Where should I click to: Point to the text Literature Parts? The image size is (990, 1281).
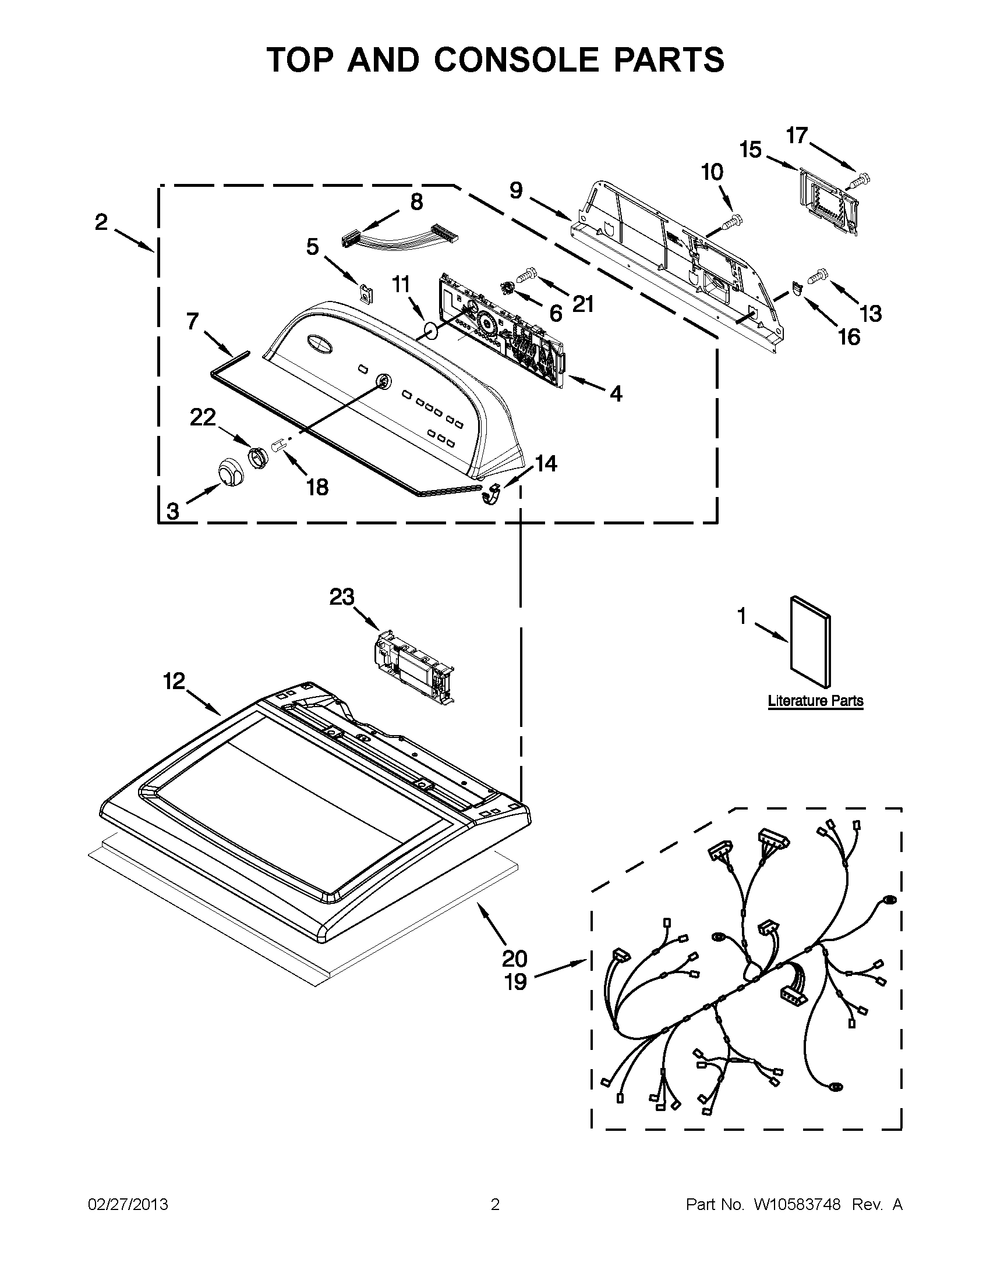coord(815,700)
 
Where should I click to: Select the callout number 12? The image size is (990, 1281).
coord(174,681)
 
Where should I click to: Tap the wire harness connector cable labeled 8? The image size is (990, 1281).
coord(399,236)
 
